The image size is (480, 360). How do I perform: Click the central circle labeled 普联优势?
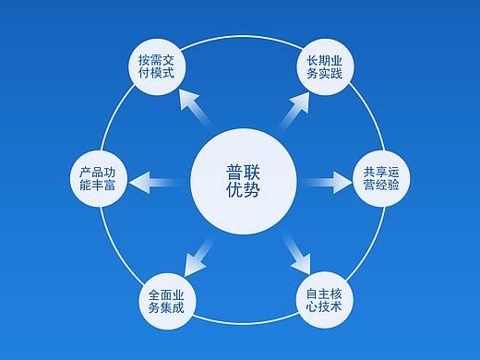click(243, 181)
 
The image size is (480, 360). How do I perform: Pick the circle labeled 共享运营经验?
click(381, 178)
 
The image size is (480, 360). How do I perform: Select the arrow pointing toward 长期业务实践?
click(289, 110)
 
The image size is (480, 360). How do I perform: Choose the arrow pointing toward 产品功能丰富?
click(158, 179)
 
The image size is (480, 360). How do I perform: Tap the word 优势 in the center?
click(243, 191)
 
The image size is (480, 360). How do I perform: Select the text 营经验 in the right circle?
click(381, 186)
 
